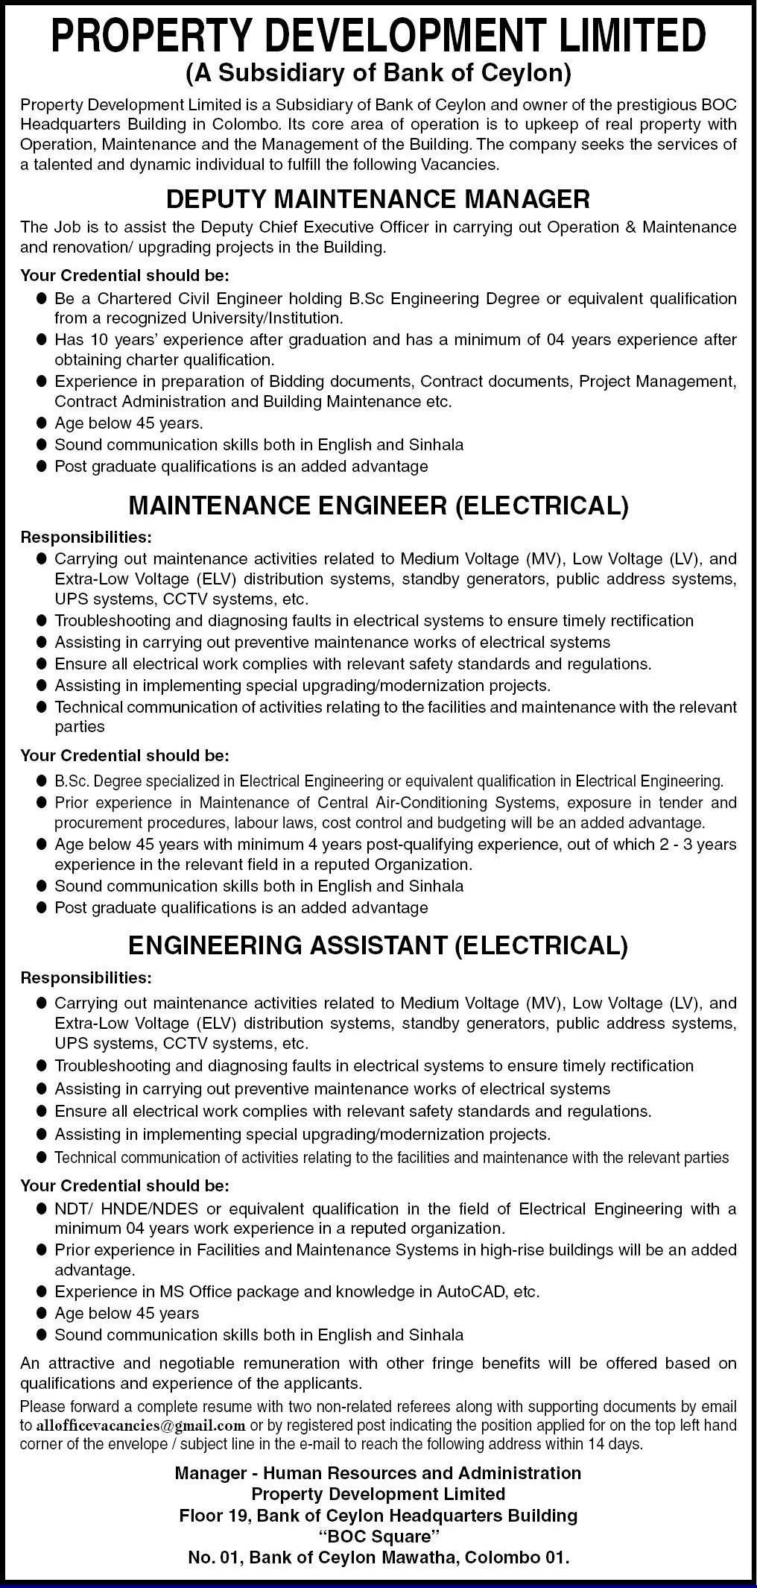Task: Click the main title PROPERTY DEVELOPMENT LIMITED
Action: [378, 36]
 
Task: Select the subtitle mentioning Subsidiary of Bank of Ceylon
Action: [378, 73]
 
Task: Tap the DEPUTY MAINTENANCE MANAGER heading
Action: [378, 199]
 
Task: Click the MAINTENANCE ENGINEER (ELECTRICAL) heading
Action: [378, 506]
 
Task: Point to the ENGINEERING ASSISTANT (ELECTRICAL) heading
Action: [378, 945]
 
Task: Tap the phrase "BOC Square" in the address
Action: [378, 1537]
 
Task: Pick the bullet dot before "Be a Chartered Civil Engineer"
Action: [41, 299]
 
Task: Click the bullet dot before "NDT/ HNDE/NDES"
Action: [41, 1209]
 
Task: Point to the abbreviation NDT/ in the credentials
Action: [72, 1209]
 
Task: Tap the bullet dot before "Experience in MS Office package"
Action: [41, 1291]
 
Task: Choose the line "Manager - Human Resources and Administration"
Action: [378, 1472]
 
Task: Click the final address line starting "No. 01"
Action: [378, 1557]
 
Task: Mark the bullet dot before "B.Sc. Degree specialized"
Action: [41, 781]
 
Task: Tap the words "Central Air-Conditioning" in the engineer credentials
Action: [392, 802]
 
